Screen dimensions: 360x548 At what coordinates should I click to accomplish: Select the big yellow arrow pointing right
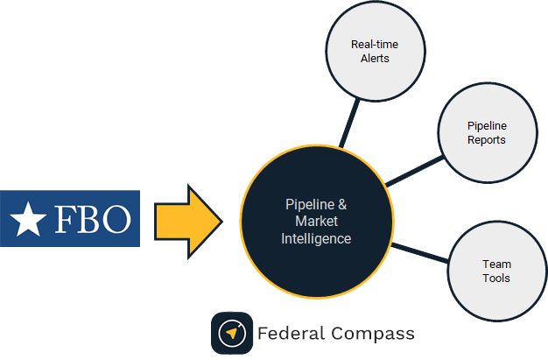pos(187,220)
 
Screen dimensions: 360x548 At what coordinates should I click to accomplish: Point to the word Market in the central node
pos(317,222)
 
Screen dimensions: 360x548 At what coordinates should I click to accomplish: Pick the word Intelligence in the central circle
pos(317,238)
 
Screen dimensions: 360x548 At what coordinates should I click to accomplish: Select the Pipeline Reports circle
pos(486,133)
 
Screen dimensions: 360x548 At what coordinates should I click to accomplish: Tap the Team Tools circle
pos(496,271)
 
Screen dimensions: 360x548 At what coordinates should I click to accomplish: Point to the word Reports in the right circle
pos(486,140)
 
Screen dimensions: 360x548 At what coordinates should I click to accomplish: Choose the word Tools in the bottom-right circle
pos(496,279)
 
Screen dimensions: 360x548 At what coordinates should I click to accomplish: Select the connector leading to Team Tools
pos(420,251)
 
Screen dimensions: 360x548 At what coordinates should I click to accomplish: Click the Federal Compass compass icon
pos(232,334)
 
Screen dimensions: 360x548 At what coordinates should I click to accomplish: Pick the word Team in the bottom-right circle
pos(496,264)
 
